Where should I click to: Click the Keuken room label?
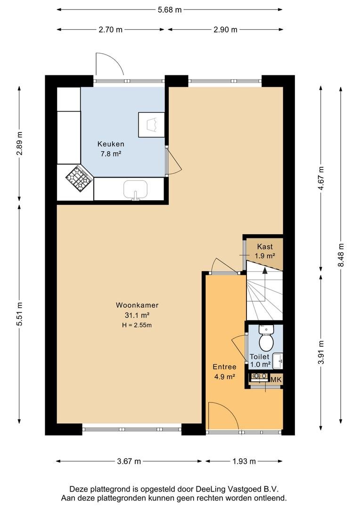click(x=111, y=144)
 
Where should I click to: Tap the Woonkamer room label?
click(x=137, y=305)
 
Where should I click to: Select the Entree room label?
click(x=224, y=367)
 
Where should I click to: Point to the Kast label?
click(x=265, y=246)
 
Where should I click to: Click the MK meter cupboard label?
click(x=276, y=379)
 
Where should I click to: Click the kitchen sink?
click(x=135, y=189)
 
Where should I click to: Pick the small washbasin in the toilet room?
click(x=278, y=361)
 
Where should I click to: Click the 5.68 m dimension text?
click(x=170, y=10)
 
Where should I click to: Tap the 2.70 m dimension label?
click(x=111, y=30)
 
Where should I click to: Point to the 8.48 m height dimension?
click(x=341, y=255)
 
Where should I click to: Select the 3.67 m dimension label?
click(x=129, y=461)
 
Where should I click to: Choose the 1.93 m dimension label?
click(x=244, y=461)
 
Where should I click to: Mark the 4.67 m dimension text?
click(x=321, y=178)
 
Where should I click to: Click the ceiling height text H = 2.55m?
click(x=137, y=325)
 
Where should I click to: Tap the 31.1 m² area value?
click(x=137, y=315)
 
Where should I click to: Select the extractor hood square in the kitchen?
click(x=152, y=124)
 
